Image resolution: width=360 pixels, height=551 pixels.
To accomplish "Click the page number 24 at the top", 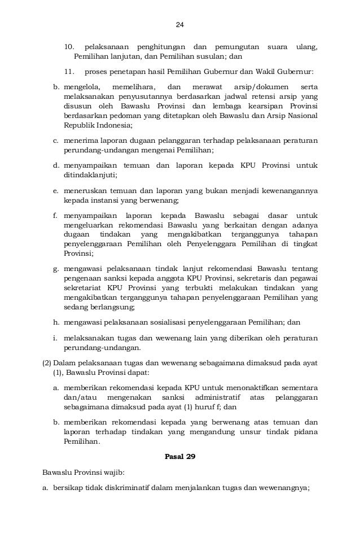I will (180, 25).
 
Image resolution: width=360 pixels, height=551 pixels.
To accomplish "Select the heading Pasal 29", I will (179, 457).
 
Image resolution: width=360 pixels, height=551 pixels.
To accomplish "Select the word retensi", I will (262, 97).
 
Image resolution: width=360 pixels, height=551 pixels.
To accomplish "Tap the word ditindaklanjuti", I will (86, 175).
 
